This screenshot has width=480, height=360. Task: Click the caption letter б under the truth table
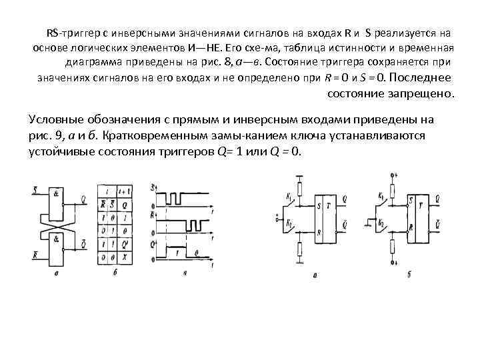click(x=116, y=273)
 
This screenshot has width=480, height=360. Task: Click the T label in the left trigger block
click(x=331, y=204)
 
